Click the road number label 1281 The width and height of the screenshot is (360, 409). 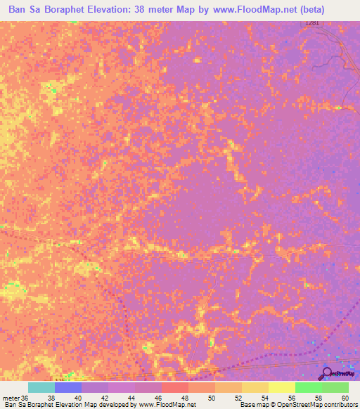click(x=313, y=23)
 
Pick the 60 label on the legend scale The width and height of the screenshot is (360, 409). click(x=345, y=398)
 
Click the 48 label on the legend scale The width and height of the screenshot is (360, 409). click(x=184, y=398)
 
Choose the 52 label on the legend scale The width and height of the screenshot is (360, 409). click(x=238, y=398)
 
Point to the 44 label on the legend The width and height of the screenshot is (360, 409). click(x=131, y=398)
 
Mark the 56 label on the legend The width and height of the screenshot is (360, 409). click(x=291, y=398)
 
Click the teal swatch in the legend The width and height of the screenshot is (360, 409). click(x=41, y=387)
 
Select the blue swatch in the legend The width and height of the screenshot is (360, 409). click(x=68, y=387)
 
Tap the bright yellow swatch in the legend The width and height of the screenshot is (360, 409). click(x=282, y=387)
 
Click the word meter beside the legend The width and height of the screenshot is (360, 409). click(x=10, y=398)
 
